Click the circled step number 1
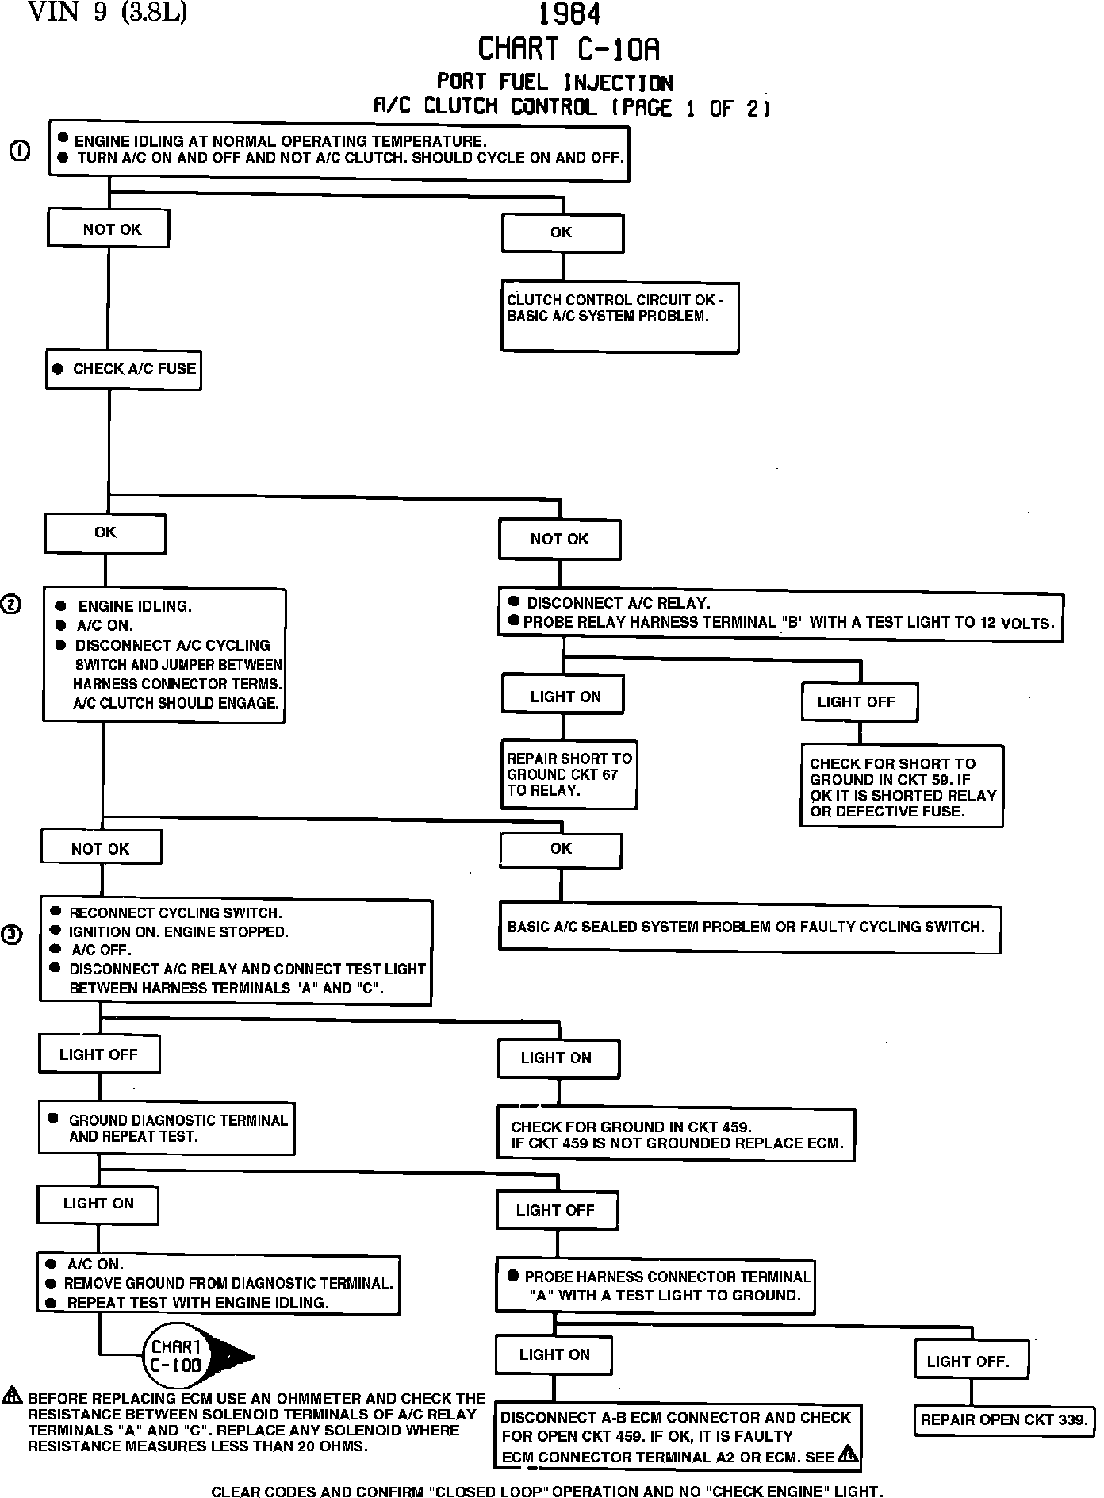[x=21, y=151]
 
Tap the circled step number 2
[x=12, y=605]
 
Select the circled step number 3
[x=12, y=935]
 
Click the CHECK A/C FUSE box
[x=124, y=369]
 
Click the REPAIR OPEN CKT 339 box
[x=1005, y=1419]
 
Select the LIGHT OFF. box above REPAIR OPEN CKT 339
[x=972, y=1362]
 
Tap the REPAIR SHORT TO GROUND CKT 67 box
[x=569, y=774]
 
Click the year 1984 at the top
[x=569, y=14]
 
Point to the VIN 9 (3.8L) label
[x=107, y=13]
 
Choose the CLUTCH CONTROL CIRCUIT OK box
[x=619, y=317]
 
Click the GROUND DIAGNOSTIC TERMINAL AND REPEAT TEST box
[x=167, y=1128]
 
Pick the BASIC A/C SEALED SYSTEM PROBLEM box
[x=749, y=928]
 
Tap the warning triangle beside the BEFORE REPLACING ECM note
[x=13, y=1396]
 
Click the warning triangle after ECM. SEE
[x=848, y=1454]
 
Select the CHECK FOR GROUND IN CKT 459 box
[x=677, y=1135]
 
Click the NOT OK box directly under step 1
[x=109, y=229]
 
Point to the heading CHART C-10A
[x=569, y=49]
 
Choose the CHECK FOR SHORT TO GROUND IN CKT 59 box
[x=902, y=786]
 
